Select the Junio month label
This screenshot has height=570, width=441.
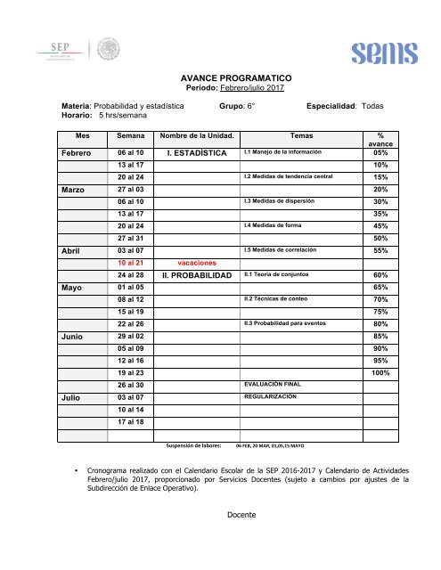pyautogui.click(x=73, y=338)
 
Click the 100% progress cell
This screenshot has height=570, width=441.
pyautogui.click(x=380, y=372)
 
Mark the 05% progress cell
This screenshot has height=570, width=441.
pyautogui.click(x=380, y=152)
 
